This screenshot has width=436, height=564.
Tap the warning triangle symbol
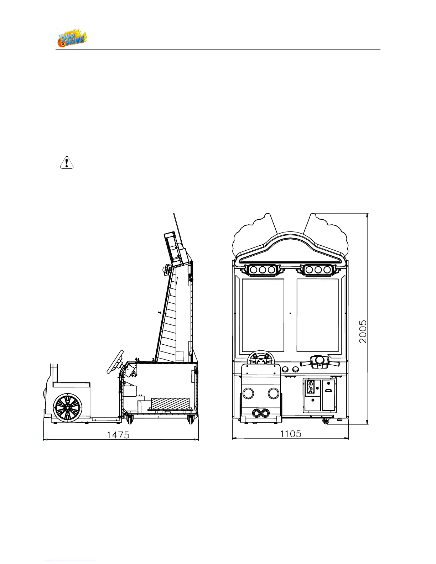tap(66, 163)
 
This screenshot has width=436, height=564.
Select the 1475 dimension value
tap(119, 435)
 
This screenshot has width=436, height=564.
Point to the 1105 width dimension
tap(290, 434)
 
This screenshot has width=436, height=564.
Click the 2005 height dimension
tap(363, 331)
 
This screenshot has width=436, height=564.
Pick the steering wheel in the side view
tap(115, 362)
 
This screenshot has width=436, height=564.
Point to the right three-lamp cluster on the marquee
tap(318, 270)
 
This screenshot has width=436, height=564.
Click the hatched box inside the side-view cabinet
tap(170, 404)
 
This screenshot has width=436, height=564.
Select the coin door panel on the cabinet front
tap(320, 395)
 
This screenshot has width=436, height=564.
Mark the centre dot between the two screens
tap(290, 313)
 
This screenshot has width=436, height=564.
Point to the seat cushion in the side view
tap(71, 385)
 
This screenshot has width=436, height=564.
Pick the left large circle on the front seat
tap(248, 393)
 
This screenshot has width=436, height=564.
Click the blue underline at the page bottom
tap(71, 561)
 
